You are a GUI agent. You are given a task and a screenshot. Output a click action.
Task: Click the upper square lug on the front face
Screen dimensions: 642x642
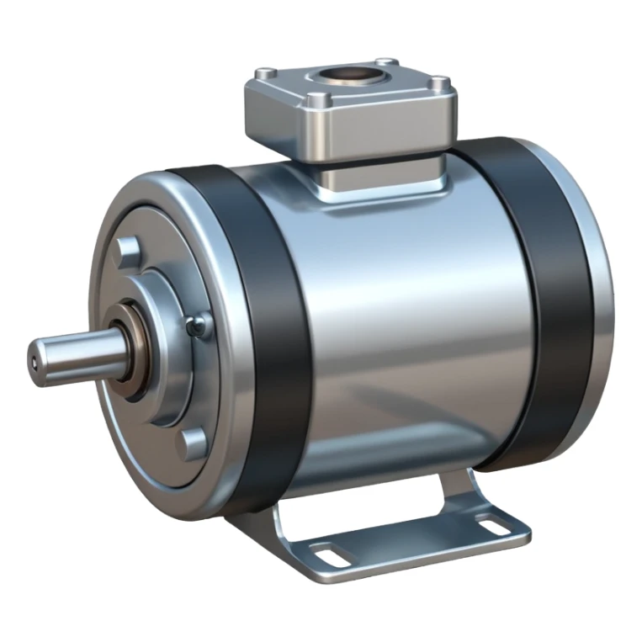point(129,249)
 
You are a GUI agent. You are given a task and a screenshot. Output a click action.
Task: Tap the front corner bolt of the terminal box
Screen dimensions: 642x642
point(314,100)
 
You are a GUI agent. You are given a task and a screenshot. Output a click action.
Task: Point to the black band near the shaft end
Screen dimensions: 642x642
point(257,337)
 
